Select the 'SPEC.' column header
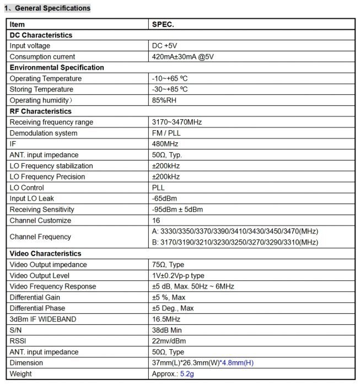tap(163, 24)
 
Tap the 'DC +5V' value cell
tap(165, 46)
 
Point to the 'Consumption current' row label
tap(42, 57)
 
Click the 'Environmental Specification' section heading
tap(57, 67)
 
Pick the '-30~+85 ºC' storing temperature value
tap(170, 89)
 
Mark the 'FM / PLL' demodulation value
tap(166, 133)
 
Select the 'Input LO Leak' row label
tap(32, 199)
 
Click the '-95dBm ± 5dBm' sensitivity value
tap(177, 210)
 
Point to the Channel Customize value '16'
tap(156, 221)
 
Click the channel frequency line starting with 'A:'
tap(235, 231)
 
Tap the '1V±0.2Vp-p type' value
tap(178, 275)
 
